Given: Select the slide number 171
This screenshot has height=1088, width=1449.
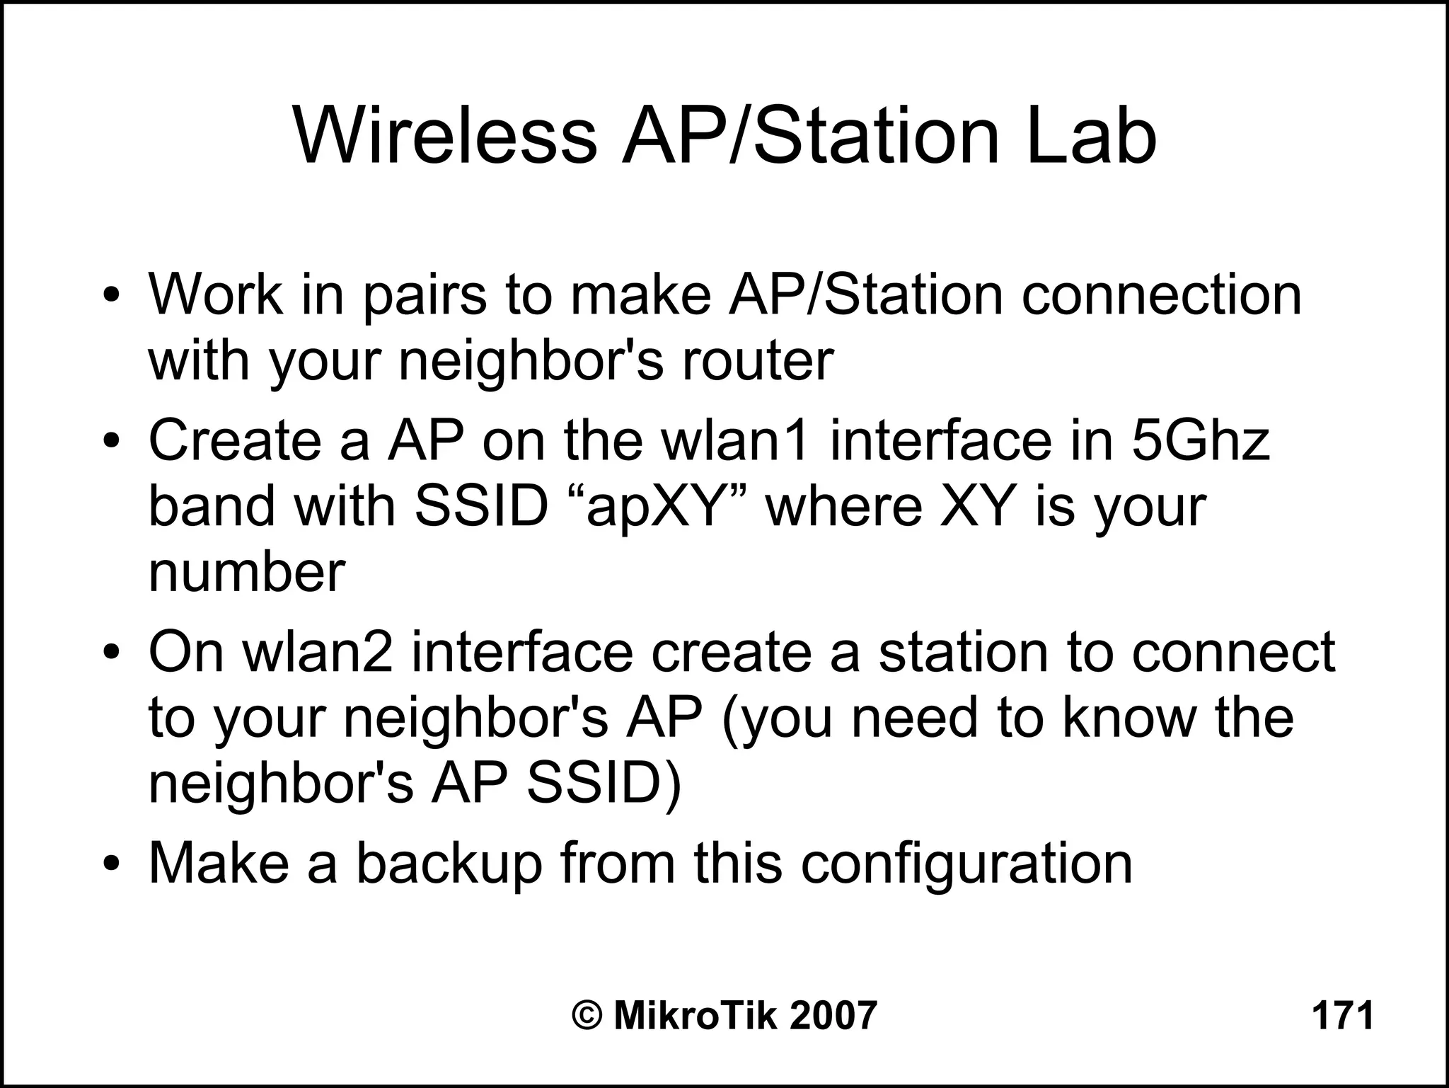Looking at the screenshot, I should pos(1342,1015).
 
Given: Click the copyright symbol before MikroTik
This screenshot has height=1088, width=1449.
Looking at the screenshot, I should pos(587,1015).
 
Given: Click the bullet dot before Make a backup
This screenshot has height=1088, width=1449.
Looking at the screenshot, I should pos(112,865).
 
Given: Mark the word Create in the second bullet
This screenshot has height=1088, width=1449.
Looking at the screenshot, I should pos(233,440).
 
